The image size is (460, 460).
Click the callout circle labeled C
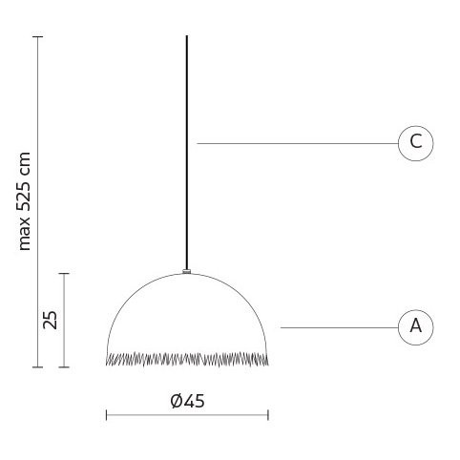click(415, 143)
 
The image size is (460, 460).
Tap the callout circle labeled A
click(415, 326)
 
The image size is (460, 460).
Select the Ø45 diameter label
click(187, 401)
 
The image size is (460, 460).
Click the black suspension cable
click(186, 143)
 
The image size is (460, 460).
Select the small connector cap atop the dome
click(187, 273)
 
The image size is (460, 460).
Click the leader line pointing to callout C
click(296, 143)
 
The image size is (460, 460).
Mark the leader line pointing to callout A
click(339, 327)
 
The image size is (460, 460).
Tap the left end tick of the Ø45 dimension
click(106, 414)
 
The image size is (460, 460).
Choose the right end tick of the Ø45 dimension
click(268, 414)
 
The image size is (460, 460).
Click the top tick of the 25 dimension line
click(64, 274)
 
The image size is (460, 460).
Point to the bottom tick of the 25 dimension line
click(64, 366)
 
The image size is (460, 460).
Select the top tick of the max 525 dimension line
click(37, 36)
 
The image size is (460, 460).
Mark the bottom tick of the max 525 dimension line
click(37, 366)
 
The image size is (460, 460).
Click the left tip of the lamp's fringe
click(107, 360)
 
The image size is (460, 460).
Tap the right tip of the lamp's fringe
click(267, 360)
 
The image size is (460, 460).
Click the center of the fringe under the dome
click(187, 359)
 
